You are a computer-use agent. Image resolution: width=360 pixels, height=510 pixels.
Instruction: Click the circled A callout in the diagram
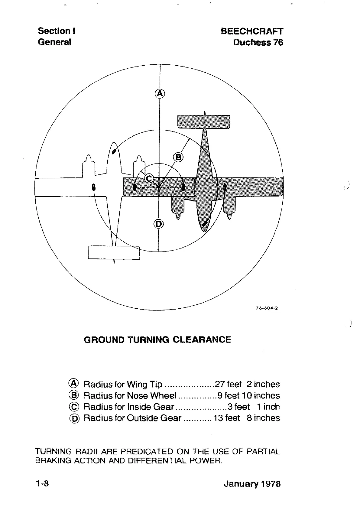click(160, 93)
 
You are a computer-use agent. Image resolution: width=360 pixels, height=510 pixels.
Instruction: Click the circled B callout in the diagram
click(178, 157)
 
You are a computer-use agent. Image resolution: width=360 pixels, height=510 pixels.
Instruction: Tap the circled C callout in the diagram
click(149, 178)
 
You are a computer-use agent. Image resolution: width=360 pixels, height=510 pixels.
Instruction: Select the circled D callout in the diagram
click(159, 224)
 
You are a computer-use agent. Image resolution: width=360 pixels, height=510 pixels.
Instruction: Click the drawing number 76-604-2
click(267, 308)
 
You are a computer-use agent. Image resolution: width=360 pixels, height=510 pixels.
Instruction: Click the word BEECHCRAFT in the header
click(252, 31)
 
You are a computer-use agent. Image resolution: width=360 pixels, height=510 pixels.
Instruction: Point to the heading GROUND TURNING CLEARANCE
click(157, 339)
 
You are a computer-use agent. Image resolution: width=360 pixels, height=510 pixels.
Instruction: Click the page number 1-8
click(42, 484)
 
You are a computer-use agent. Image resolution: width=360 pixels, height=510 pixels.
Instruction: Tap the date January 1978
click(252, 484)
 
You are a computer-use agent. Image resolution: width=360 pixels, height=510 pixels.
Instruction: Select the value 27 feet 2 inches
click(247, 384)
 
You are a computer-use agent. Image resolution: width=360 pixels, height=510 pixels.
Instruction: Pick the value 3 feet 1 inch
click(253, 407)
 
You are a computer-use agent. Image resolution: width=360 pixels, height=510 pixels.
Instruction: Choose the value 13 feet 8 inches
click(247, 418)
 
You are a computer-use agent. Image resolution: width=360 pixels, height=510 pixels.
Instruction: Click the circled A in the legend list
click(74, 384)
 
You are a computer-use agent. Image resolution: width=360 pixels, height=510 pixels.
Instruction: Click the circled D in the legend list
click(74, 418)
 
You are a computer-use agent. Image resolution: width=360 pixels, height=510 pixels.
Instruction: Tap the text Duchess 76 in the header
click(258, 42)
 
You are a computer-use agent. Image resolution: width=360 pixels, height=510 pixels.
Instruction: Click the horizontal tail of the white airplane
click(114, 253)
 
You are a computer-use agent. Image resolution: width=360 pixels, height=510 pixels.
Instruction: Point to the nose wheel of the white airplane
click(114, 151)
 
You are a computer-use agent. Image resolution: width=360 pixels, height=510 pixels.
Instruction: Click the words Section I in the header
click(57, 31)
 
